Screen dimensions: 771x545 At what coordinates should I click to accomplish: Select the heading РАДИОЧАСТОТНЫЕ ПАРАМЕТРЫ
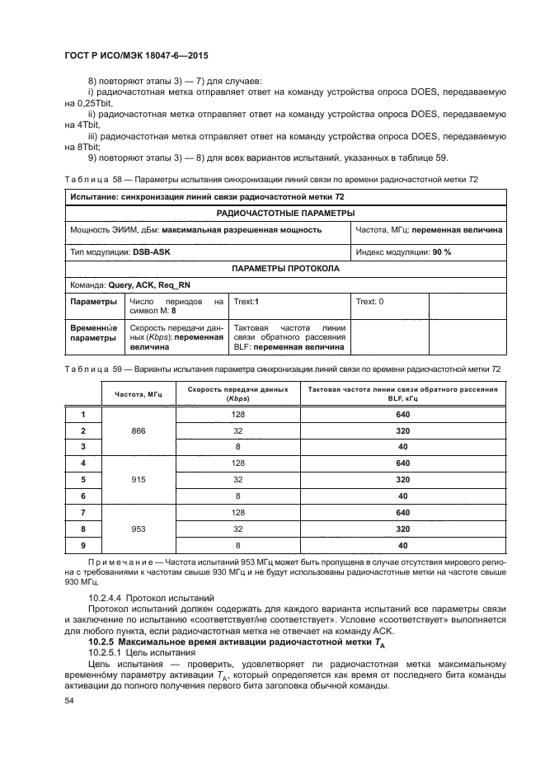tap(284, 214)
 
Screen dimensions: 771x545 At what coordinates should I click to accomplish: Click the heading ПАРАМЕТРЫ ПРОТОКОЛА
tap(284, 268)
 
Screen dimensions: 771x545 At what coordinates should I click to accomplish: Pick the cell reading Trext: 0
tap(369, 302)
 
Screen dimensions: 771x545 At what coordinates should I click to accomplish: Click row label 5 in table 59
tap(82, 479)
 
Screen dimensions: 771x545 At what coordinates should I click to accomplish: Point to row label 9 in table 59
tap(82, 545)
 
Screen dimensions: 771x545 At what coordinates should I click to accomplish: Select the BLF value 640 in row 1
tap(402, 414)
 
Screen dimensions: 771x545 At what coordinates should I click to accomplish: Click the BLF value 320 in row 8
tap(402, 529)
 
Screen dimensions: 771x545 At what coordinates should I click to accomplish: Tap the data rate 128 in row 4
tap(238, 463)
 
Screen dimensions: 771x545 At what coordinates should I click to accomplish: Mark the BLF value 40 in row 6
tap(402, 496)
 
